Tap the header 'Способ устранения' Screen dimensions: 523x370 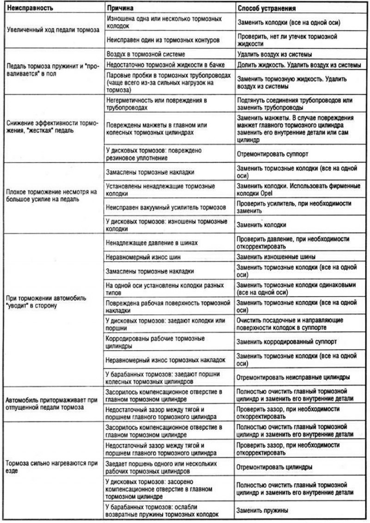266,8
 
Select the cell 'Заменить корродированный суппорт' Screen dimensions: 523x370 286,342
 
